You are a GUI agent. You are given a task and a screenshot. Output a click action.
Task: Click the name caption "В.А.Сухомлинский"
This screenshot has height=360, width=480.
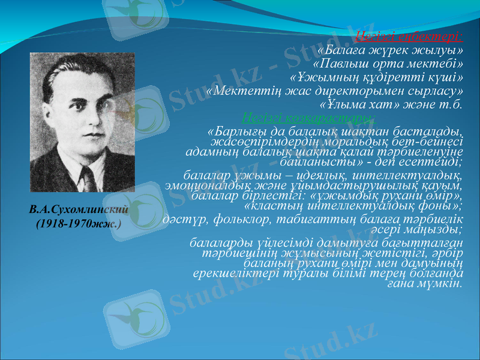tap(80, 211)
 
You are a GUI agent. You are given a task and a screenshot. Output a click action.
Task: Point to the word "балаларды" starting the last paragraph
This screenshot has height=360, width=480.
tap(215, 244)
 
